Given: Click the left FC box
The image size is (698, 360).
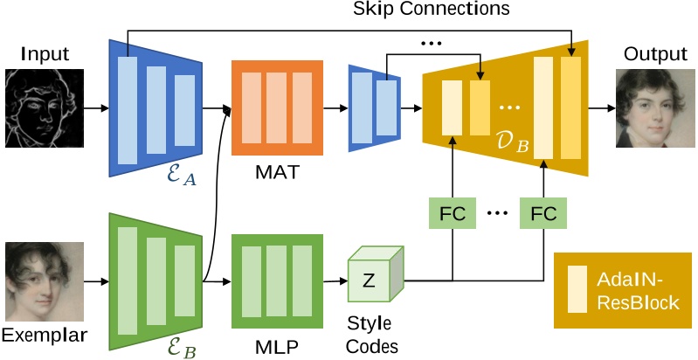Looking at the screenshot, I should pyautogui.click(x=452, y=212).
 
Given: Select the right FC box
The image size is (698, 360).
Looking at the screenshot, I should pyautogui.click(x=543, y=212).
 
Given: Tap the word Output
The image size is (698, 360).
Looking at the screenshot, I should pyautogui.click(x=650, y=54).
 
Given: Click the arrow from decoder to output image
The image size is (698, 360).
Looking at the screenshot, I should pyautogui.click(x=600, y=109).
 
